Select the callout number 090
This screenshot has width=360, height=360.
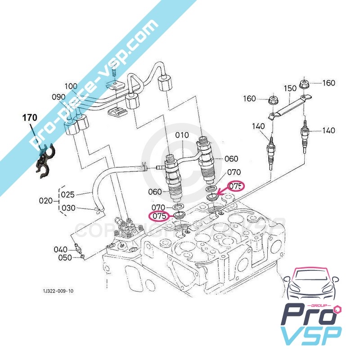tap(58, 97)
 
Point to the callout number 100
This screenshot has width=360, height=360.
tap(71, 86)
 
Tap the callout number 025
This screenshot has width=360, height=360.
tap(68, 194)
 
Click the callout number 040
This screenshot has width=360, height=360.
tap(60, 249)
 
